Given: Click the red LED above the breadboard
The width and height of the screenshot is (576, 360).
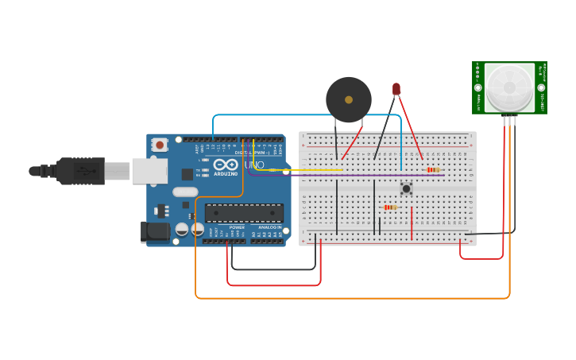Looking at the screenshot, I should [396, 89].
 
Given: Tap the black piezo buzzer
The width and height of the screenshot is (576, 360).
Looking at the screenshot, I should [348, 100].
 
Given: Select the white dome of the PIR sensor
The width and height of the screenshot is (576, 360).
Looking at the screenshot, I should [509, 87].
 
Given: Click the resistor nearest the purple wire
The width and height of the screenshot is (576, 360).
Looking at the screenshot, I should [432, 169].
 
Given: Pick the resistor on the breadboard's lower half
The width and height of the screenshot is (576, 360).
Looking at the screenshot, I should [390, 207].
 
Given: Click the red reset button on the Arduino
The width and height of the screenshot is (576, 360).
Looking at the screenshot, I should [160, 145].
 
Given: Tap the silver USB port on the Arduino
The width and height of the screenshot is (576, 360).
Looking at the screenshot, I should [149, 171].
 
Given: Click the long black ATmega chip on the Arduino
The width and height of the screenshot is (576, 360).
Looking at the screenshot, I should [244, 213].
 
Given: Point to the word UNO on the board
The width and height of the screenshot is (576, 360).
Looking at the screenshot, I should [254, 165].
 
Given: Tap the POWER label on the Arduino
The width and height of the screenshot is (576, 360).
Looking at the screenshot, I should [237, 227].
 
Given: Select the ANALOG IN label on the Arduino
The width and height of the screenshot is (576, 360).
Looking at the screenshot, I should [267, 227].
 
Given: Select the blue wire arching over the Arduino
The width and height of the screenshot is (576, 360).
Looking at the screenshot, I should [302, 115].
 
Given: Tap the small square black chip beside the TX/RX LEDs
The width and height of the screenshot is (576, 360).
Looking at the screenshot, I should [187, 174].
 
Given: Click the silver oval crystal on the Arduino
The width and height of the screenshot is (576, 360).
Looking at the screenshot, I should [185, 192].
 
